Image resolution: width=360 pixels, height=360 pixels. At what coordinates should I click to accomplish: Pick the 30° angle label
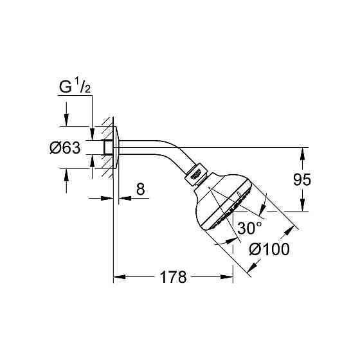(x=249, y=228)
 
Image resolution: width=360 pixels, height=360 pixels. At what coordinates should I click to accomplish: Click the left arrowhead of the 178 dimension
(x=119, y=278)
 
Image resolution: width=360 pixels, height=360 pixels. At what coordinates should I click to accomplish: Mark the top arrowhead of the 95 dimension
(x=300, y=152)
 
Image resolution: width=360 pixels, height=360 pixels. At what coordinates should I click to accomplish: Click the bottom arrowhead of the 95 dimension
(x=300, y=206)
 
